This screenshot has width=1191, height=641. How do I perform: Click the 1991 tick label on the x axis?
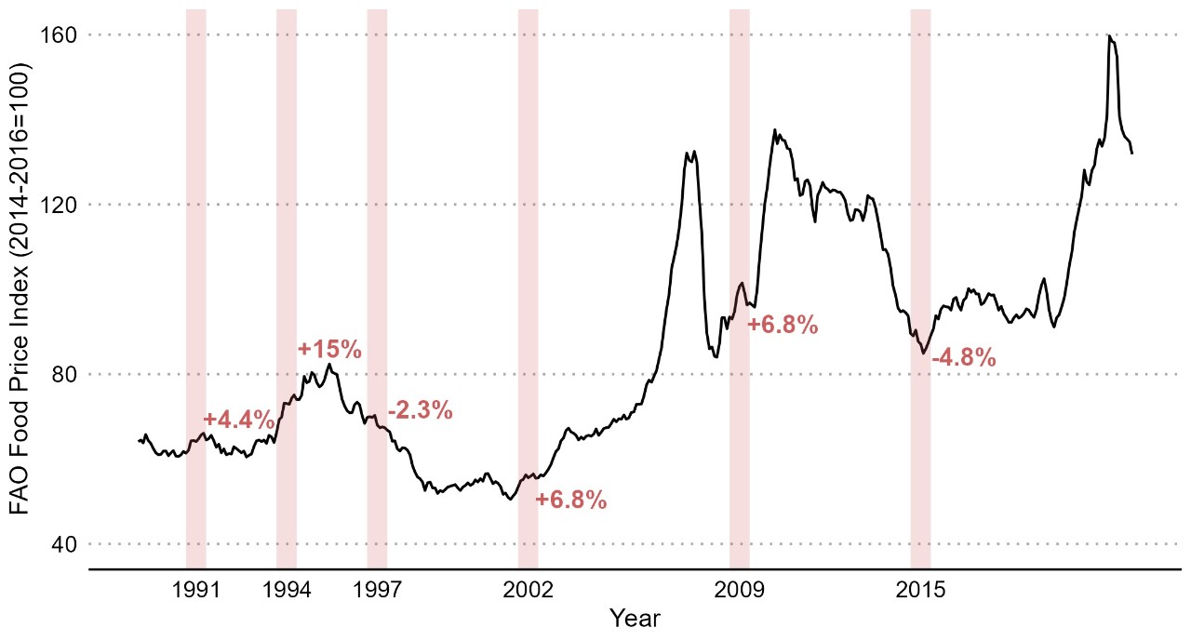pos(195,589)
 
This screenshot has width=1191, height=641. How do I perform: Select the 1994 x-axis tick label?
pos(287,589)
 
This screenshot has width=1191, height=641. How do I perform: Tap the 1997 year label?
pos(377,589)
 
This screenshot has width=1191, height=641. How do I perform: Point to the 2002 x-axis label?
pos(528,589)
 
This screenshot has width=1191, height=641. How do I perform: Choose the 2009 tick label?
pos(739,589)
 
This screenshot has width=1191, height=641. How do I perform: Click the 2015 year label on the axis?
pos(920,589)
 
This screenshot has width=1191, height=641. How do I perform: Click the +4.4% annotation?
pos(239,419)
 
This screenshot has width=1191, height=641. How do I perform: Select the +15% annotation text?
pos(329,350)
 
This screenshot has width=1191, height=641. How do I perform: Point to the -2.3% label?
pos(420,409)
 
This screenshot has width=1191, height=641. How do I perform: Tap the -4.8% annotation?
pos(964,357)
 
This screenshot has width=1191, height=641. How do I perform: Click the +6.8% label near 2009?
pos(783,325)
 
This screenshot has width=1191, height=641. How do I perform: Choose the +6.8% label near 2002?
pos(571,500)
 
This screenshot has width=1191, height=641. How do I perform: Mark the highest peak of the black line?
pos(1109,36)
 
